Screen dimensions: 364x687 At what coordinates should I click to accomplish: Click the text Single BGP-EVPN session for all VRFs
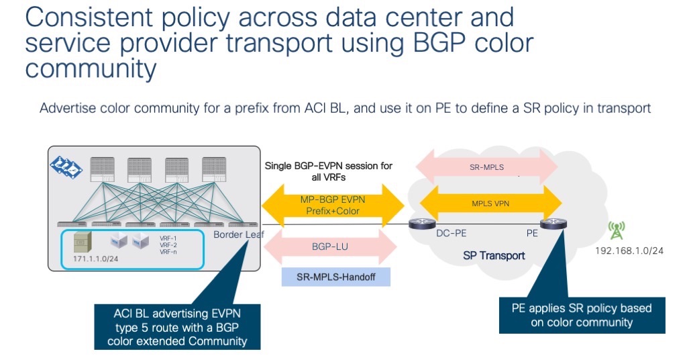coord(329,171)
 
